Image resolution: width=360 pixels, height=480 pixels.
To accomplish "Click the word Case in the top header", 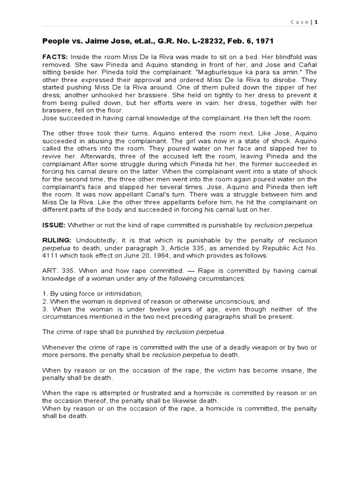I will (300, 22).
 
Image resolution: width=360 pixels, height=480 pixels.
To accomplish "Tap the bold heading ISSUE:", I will (53, 225).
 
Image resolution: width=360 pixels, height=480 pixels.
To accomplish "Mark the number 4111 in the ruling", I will (50, 255).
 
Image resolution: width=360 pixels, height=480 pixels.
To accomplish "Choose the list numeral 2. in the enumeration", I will (45, 301).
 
